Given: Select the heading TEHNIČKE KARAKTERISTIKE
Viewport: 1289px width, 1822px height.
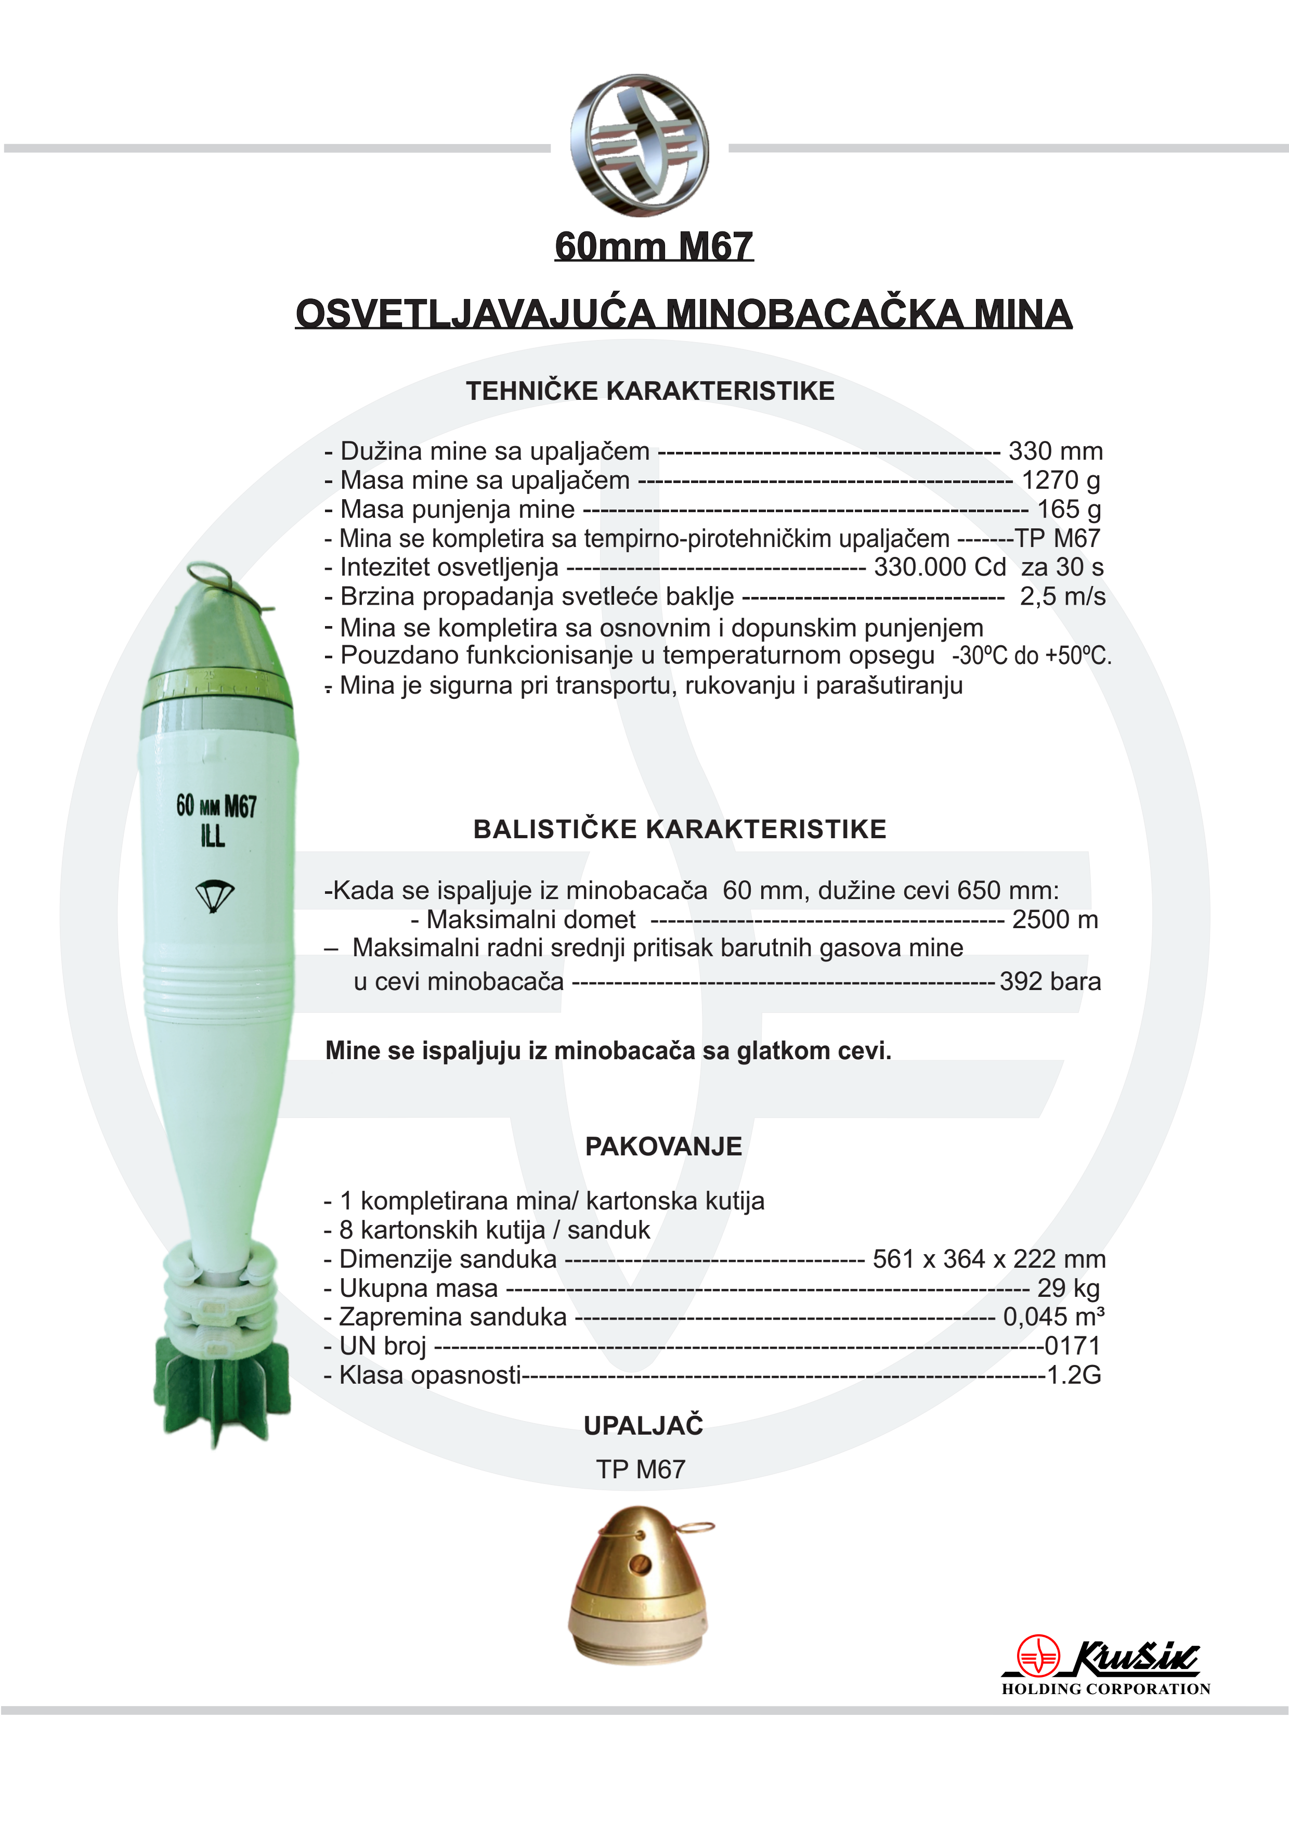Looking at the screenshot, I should (x=650, y=391).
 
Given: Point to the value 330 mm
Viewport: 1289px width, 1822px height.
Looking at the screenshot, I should (x=1055, y=451).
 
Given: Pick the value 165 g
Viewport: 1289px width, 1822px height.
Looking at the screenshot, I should (x=1069, y=510).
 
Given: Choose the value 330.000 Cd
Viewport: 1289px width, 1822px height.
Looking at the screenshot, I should (x=940, y=567).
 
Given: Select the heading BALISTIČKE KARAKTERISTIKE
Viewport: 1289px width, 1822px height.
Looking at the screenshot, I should (x=680, y=829).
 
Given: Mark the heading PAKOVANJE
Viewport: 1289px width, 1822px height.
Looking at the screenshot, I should (x=663, y=1147).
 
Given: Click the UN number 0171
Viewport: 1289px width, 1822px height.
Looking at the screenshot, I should (x=1072, y=1347).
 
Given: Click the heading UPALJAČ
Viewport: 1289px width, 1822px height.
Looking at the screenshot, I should (x=643, y=1426).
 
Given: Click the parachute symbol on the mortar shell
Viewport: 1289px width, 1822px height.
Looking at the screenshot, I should (x=214, y=895).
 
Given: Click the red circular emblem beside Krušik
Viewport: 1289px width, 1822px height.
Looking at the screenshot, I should (x=1038, y=1656).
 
